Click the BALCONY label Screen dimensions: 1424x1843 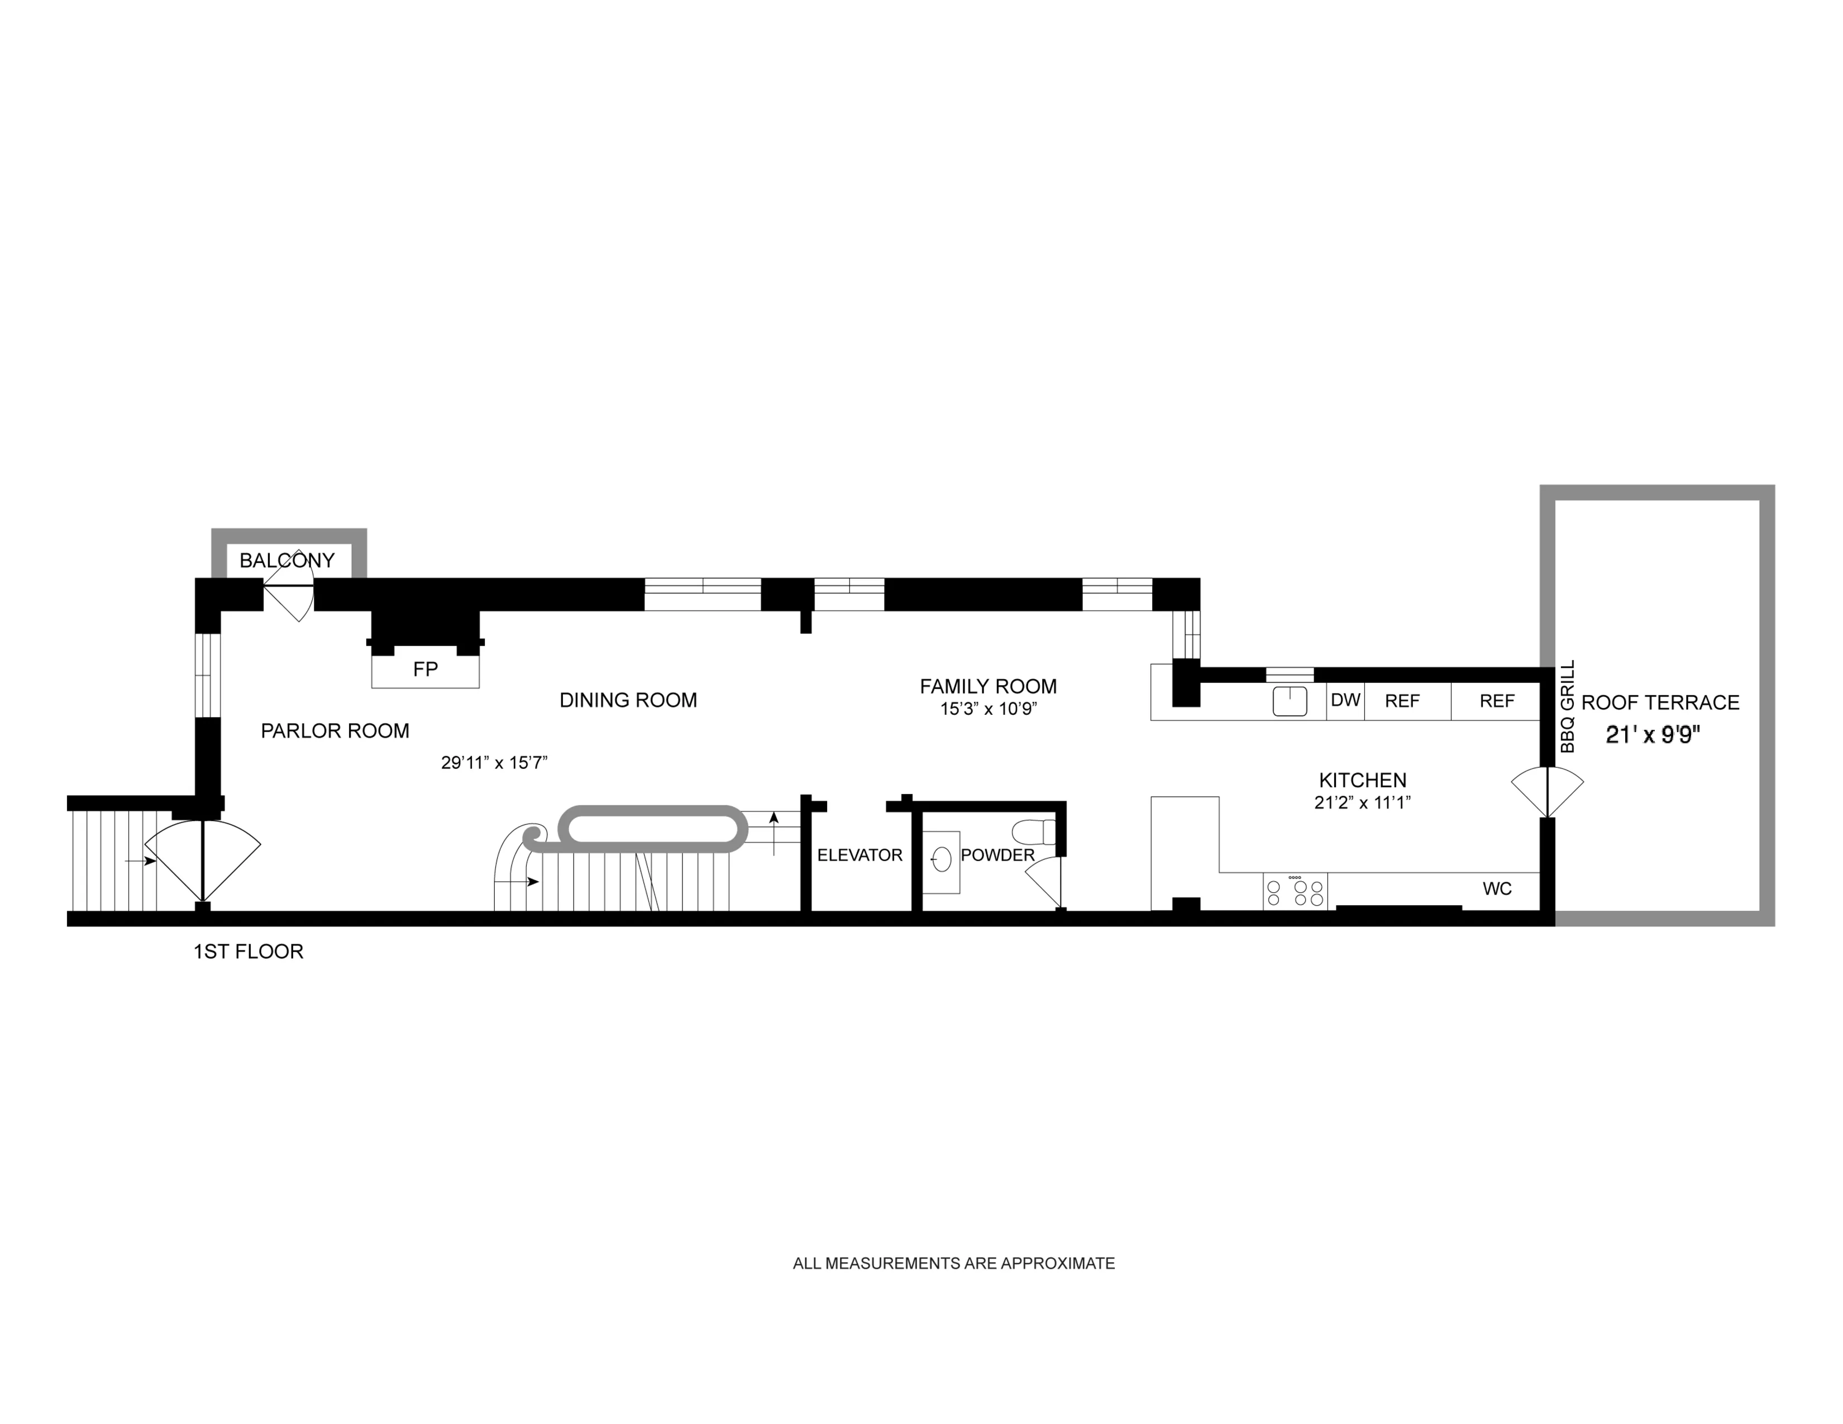click(x=287, y=560)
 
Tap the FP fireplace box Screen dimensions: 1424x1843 click(x=426, y=670)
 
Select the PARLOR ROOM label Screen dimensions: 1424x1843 click(x=335, y=730)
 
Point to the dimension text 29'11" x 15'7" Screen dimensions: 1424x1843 click(x=494, y=763)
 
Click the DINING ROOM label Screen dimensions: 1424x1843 click(x=628, y=700)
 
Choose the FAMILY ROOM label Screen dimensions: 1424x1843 click(x=988, y=686)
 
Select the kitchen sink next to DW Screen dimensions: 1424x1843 click(x=1290, y=701)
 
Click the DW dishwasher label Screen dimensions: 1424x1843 click(x=1345, y=700)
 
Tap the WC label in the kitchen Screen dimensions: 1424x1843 click(x=1497, y=888)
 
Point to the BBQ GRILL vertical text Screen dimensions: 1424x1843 click(x=1568, y=706)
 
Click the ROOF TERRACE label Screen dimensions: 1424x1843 click(x=1660, y=703)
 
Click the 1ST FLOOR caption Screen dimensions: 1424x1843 click(x=248, y=952)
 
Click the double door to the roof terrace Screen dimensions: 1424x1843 click(x=1547, y=791)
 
